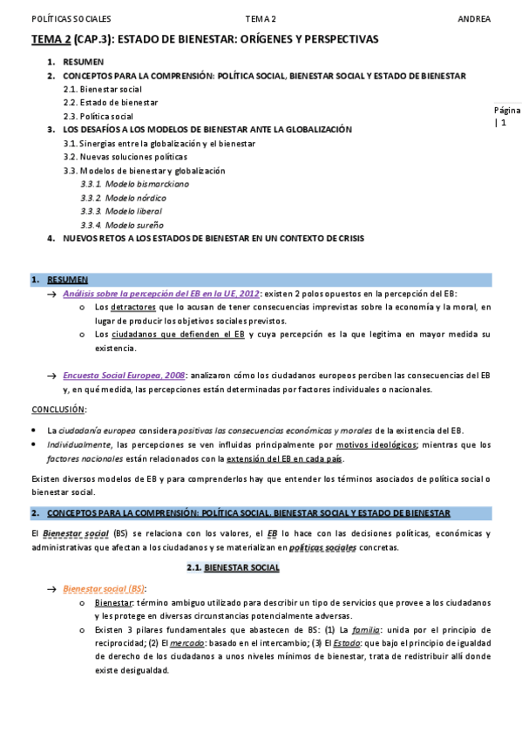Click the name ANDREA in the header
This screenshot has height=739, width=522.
click(474, 19)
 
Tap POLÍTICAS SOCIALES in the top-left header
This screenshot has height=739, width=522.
click(71, 19)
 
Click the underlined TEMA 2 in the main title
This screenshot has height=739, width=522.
click(51, 39)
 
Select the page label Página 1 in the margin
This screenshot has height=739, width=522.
click(506, 116)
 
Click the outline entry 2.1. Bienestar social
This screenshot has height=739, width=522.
click(103, 89)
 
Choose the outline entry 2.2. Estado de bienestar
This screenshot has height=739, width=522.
click(109, 102)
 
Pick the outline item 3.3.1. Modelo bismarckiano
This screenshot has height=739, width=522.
click(134, 184)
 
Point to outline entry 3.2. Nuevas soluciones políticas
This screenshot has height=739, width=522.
click(125, 157)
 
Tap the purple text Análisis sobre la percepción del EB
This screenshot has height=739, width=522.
click(161, 294)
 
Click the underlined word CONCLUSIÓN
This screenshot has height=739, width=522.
click(58, 409)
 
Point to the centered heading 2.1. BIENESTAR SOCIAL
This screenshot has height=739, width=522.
click(234, 567)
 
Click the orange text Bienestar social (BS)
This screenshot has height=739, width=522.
click(104, 589)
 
